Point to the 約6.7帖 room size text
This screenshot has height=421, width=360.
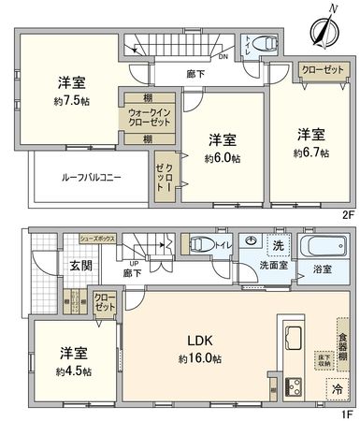pyautogui.click(x=310, y=151)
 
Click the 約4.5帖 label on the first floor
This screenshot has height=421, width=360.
pyautogui.click(x=74, y=370)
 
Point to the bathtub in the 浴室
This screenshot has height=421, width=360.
pyautogui.click(x=324, y=248)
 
